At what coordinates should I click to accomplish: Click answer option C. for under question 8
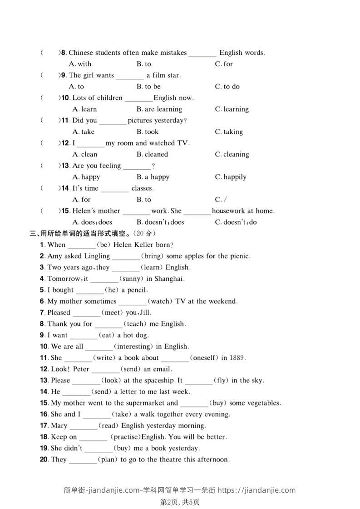224,64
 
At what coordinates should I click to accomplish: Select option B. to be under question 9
148,87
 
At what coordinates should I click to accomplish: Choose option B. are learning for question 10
159,109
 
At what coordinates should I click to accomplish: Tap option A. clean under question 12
85,155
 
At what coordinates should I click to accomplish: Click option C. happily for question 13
231,177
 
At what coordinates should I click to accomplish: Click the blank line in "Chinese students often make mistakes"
202,54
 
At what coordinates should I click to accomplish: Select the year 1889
237,358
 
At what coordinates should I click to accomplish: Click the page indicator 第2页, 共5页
180,502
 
